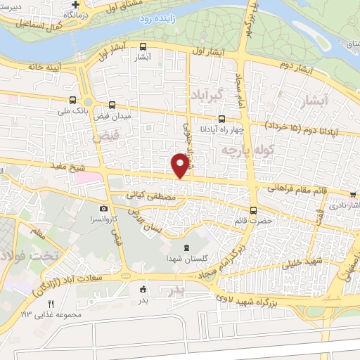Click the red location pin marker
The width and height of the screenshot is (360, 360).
(x=180, y=164)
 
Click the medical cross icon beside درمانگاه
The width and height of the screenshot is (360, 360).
(x=74, y=5)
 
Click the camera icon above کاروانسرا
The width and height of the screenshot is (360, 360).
(x=104, y=208)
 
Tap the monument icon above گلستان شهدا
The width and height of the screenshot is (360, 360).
(x=186, y=247)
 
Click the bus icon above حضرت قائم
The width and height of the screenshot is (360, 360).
(x=253, y=210)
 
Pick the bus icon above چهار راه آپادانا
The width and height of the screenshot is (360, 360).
(x=222, y=119)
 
